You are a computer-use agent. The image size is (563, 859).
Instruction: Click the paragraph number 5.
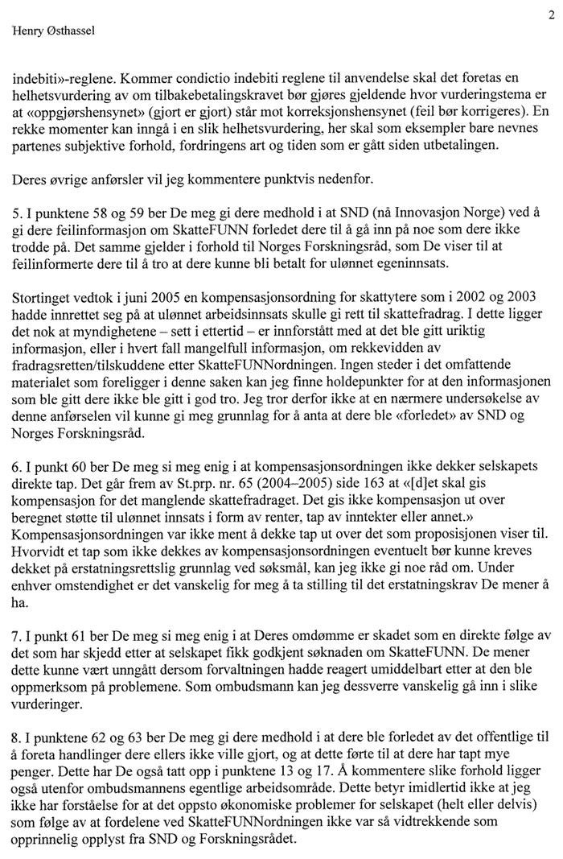[x=15, y=212]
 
